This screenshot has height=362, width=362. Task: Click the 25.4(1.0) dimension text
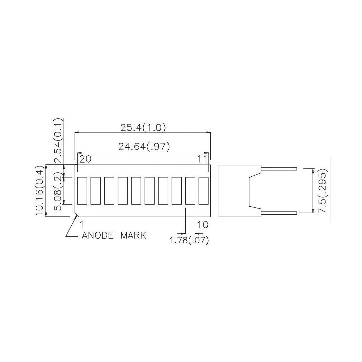(143, 127)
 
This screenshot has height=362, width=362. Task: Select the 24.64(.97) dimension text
(144, 147)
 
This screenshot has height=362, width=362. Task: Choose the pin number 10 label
(203, 224)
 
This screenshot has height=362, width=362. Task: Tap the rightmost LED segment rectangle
(204, 190)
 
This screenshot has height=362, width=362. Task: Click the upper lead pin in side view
(279, 168)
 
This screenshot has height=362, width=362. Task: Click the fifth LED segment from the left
(136, 190)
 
